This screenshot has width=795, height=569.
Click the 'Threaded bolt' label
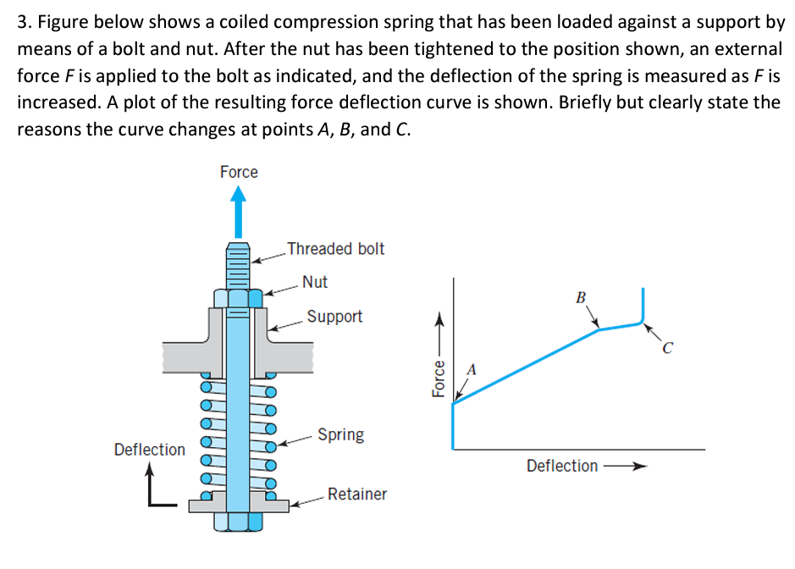click(x=335, y=249)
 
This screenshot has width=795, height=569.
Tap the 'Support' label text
click(x=334, y=317)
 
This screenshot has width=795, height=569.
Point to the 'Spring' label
click(x=341, y=434)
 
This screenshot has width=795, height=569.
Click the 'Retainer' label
click(x=356, y=494)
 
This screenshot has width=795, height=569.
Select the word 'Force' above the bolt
click(x=239, y=172)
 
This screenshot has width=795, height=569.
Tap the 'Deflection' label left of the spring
click(x=150, y=450)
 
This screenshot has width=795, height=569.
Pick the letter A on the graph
click(x=472, y=369)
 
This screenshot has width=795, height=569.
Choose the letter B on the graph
click(x=581, y=297)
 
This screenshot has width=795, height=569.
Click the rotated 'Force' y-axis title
click(x=438, y=378)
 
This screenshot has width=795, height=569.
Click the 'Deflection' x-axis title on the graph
click(x=562, y=466)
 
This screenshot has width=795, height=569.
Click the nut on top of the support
click(x=239, y=299)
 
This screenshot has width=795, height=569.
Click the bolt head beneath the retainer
click(x=239, y=521)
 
